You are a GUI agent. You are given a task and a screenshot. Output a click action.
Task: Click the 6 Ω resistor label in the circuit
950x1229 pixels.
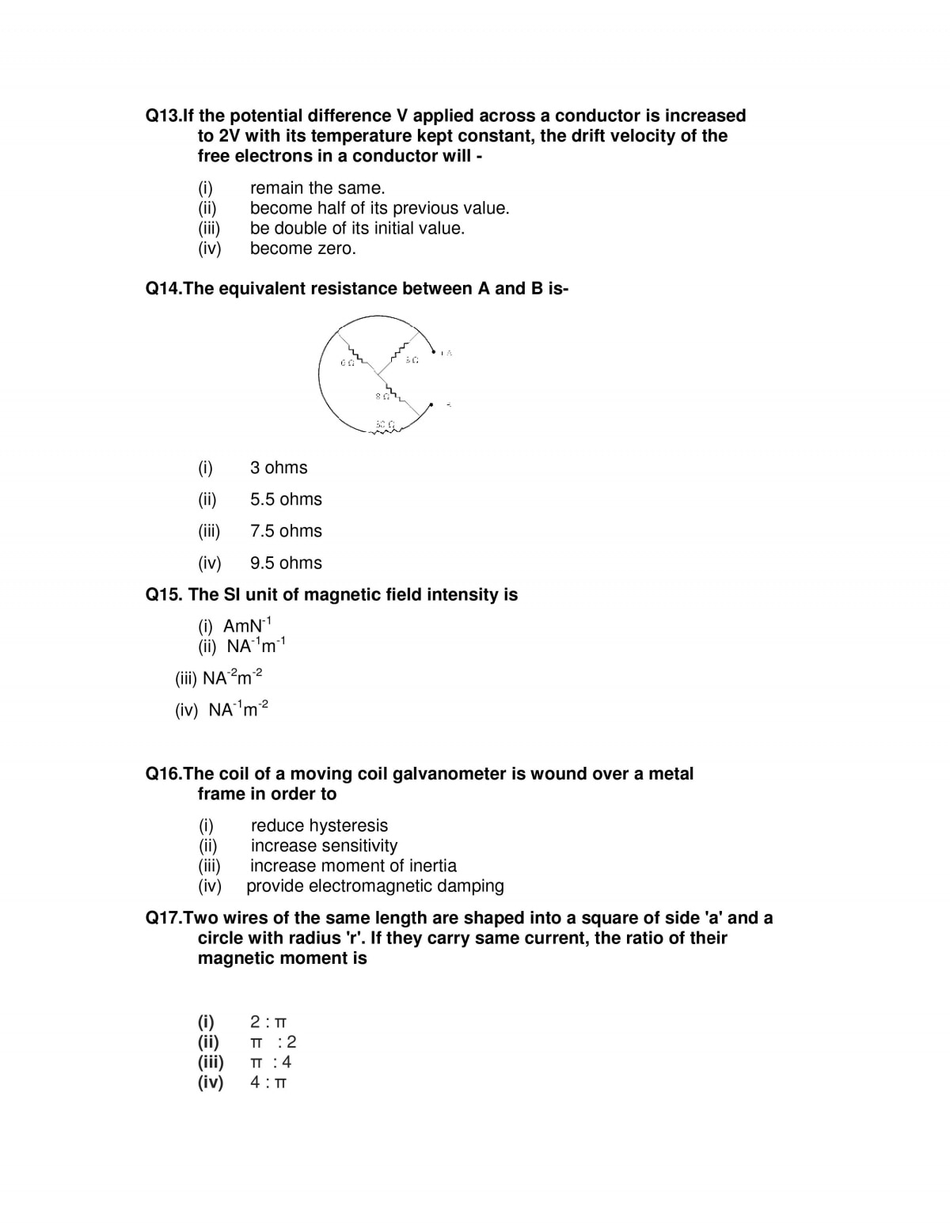(346, 362)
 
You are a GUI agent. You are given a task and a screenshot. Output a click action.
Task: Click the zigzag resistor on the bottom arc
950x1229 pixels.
(386, 432)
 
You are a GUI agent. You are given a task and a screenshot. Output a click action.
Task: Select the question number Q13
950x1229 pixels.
(164, 116)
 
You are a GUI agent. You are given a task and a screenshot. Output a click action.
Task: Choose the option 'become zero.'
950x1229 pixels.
(302, 248)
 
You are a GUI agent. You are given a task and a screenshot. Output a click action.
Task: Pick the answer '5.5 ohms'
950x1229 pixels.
(286, 499)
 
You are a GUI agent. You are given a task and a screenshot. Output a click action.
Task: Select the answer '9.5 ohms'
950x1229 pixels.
(286, 563)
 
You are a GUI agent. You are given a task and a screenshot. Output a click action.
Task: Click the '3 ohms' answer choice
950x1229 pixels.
(279, 468)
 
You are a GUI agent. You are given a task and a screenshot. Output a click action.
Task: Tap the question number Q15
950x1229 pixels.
(164, 594)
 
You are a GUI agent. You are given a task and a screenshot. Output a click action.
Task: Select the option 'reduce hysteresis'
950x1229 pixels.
(319, 825)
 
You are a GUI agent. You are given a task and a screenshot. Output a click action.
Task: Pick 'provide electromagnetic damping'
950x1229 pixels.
(375, 886)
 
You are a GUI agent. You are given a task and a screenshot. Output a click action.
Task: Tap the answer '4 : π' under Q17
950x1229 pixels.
(268, 1082)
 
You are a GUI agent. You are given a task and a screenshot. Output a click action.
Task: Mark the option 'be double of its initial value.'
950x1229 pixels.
(357, 228)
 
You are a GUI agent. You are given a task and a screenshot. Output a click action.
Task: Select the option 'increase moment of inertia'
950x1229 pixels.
(353, 866)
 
